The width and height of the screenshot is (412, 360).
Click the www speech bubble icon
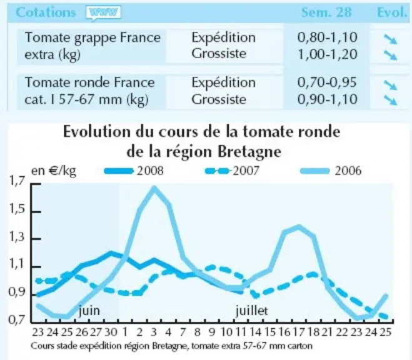pos(103,13)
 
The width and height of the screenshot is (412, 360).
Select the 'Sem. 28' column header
pos(326,12)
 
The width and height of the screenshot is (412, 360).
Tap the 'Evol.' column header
pos(392,12)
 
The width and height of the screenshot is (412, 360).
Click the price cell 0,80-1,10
pos(328,37)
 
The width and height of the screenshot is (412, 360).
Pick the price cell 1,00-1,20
pos(328,54)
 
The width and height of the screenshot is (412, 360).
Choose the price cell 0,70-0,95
pos(327,82)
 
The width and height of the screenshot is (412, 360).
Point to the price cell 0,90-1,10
pos(328,99)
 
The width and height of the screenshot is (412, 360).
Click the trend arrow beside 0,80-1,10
pos(391,39)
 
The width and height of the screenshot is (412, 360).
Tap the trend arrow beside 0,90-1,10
pos(391,100)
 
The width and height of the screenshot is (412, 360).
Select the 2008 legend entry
pos(134,171)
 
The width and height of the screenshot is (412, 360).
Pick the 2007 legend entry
pos(232,171)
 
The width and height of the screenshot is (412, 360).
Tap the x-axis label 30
pos(111,332)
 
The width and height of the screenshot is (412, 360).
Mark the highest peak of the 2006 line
pos(154,188)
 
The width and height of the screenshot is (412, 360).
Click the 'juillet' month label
pos(252,311)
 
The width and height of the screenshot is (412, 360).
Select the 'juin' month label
pos(89,311)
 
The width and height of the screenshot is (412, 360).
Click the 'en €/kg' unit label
pos(54,171)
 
